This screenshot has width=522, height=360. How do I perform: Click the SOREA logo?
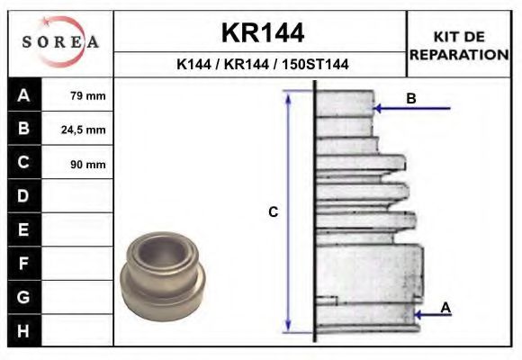(x=59, y=43)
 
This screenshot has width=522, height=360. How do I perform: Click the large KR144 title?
(x=262, y=33)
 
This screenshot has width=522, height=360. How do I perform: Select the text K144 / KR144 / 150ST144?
(x=262, y=65)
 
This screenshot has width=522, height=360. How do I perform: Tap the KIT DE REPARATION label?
(x=459, y=45)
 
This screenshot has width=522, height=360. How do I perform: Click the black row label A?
(x=23, y=95)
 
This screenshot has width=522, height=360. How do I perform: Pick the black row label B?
(x=23, y=129)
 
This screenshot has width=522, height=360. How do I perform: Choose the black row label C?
(x=23, y=163)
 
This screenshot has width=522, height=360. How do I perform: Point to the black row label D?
(x=23, y=196)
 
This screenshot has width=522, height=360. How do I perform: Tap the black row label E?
(x=23, y=229)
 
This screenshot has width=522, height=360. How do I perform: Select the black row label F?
(x=23, y=263)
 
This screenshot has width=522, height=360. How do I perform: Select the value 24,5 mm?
(x=84, y=130)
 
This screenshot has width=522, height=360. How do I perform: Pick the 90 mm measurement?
(x=87, y=164)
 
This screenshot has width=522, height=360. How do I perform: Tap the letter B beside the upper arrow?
(x=410, y=98)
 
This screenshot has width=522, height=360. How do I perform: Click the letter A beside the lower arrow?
(x=445, y=308)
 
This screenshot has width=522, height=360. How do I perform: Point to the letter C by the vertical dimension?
(x=274, y=212)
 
